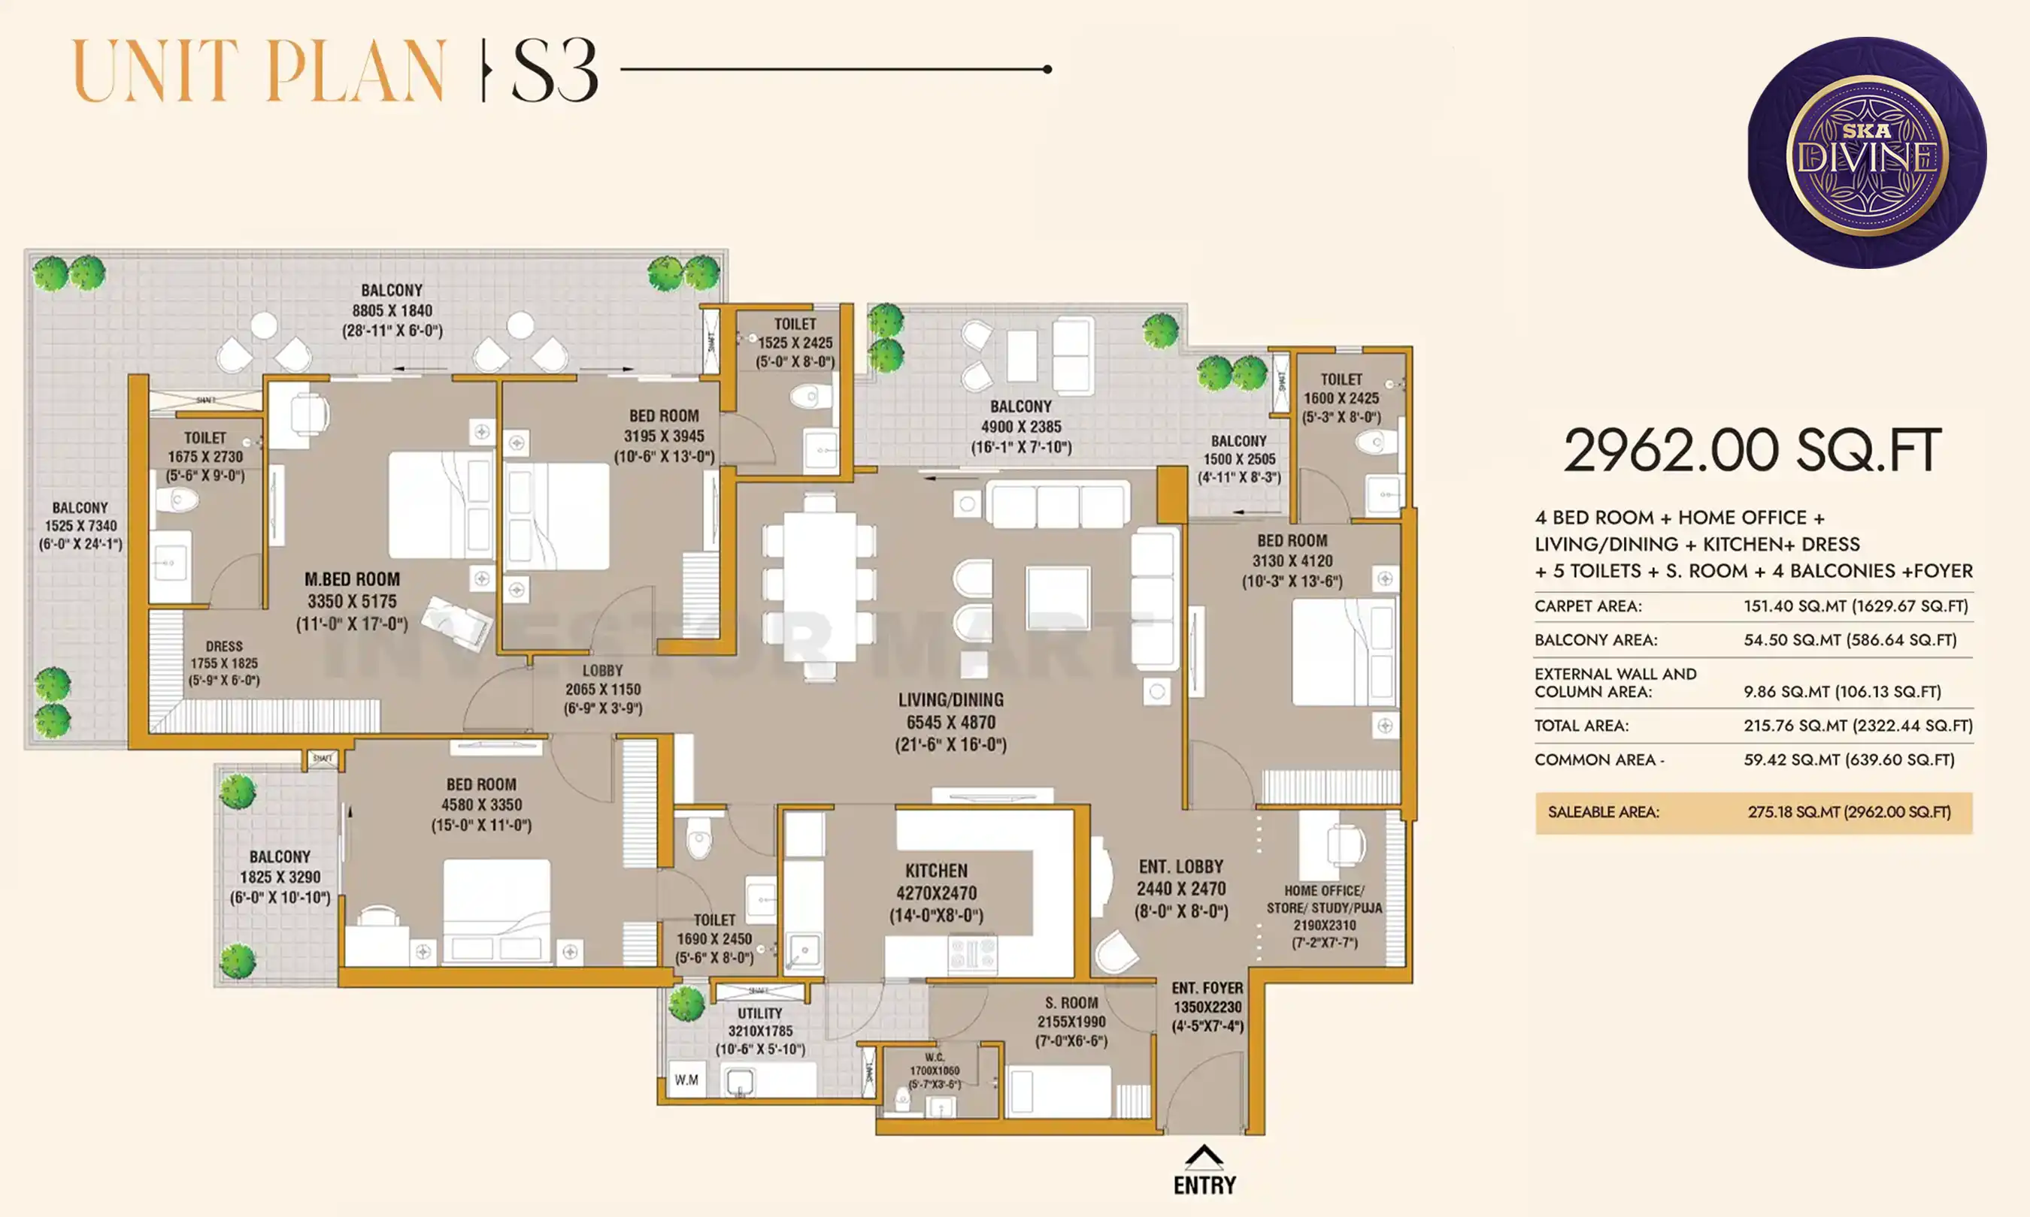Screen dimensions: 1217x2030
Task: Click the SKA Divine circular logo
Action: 1866,153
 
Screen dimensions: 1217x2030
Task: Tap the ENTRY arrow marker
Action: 1204,1158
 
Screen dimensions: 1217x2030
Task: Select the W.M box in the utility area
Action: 686,1080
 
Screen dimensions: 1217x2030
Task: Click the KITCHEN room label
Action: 936,871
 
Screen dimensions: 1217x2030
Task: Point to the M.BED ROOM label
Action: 352,579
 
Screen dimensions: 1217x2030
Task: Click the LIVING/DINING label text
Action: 950,700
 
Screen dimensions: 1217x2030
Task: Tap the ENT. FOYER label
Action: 1207,988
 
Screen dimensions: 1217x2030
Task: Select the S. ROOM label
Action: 1071,1003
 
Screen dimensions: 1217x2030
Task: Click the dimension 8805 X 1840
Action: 392,311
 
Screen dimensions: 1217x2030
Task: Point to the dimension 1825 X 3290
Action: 280,877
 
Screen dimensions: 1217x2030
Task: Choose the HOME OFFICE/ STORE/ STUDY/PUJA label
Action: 1323,898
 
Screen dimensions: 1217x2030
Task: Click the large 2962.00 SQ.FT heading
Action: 1752,451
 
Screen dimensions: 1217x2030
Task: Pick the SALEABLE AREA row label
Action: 1602,812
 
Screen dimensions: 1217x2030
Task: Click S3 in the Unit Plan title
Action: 555,71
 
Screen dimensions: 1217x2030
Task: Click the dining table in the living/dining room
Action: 819,587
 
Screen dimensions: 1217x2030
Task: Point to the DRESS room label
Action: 224,646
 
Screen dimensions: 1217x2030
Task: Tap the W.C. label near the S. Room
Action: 935,1058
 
